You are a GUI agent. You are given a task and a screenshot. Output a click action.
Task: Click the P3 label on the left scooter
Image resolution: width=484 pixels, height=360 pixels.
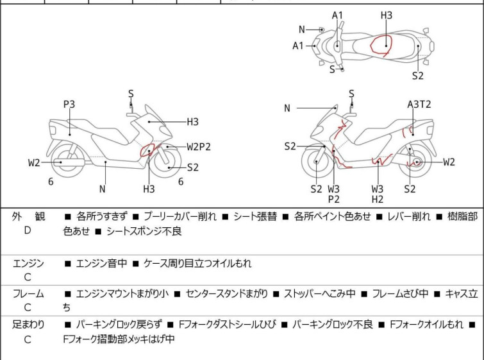(x=69, y=104)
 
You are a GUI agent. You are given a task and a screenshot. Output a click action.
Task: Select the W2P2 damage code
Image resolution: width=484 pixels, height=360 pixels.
(x=199, y=146)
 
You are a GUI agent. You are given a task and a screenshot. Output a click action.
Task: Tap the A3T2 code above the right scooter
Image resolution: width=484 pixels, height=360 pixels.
(x=419, y=104)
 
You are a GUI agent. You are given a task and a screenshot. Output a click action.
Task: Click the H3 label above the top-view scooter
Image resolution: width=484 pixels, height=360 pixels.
(x=387, y=15)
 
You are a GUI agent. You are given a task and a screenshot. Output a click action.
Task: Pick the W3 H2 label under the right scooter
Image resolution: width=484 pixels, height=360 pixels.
(x=378, y=194)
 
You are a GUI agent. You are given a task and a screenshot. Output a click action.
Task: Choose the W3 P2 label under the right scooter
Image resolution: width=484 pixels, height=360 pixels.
(x=333, y=194)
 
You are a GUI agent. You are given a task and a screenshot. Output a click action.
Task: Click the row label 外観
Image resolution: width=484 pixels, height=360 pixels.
(x=28, y=217)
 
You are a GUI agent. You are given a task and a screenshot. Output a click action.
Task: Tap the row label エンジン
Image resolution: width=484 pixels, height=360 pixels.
(x=28, y=263)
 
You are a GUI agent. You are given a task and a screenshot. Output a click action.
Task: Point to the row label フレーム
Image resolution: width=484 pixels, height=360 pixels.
(x=28, y=294)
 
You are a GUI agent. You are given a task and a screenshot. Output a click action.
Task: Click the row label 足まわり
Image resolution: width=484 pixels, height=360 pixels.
(x=28, y=325)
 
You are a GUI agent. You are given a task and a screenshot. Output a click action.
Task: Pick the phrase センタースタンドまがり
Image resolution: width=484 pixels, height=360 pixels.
(x=227, y=294)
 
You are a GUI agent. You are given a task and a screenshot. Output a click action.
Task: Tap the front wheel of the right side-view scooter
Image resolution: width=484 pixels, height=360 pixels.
(x=318, y=162)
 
